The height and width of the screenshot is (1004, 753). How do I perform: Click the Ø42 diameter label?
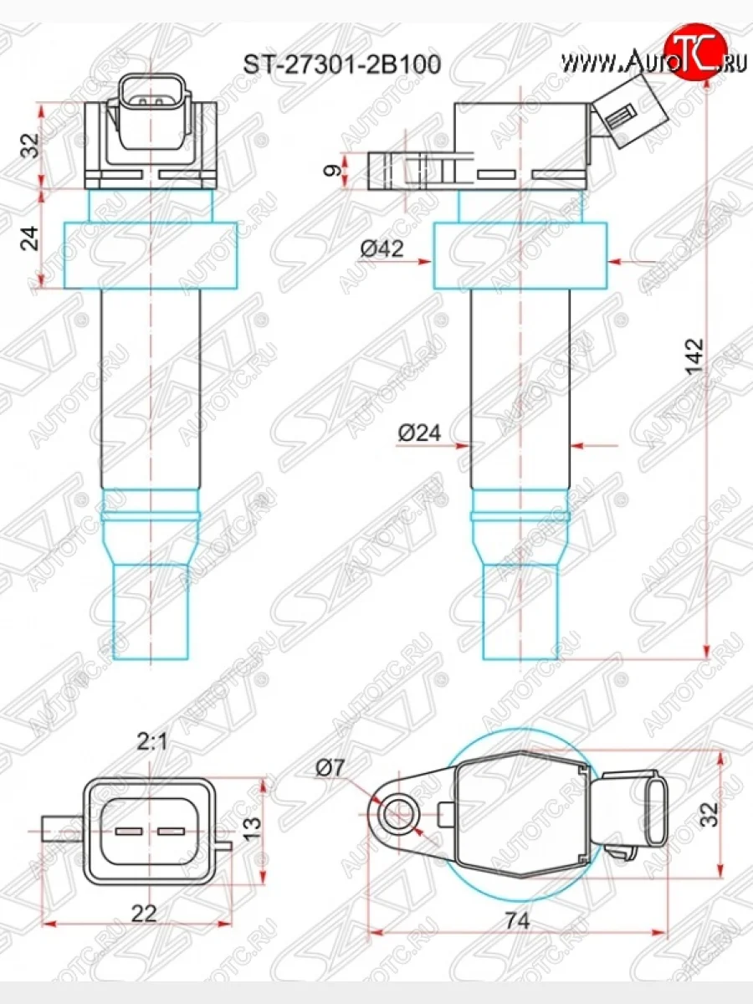click(382, 249)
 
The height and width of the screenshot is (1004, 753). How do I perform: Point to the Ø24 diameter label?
click(419, 433)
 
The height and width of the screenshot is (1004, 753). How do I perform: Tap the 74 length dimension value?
click(517, 921)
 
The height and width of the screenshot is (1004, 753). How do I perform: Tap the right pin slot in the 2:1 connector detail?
click(171, 832)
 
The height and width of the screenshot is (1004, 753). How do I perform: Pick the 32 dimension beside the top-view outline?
click(709, 815)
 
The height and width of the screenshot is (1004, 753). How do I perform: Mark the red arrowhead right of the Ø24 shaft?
click(577, 446)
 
